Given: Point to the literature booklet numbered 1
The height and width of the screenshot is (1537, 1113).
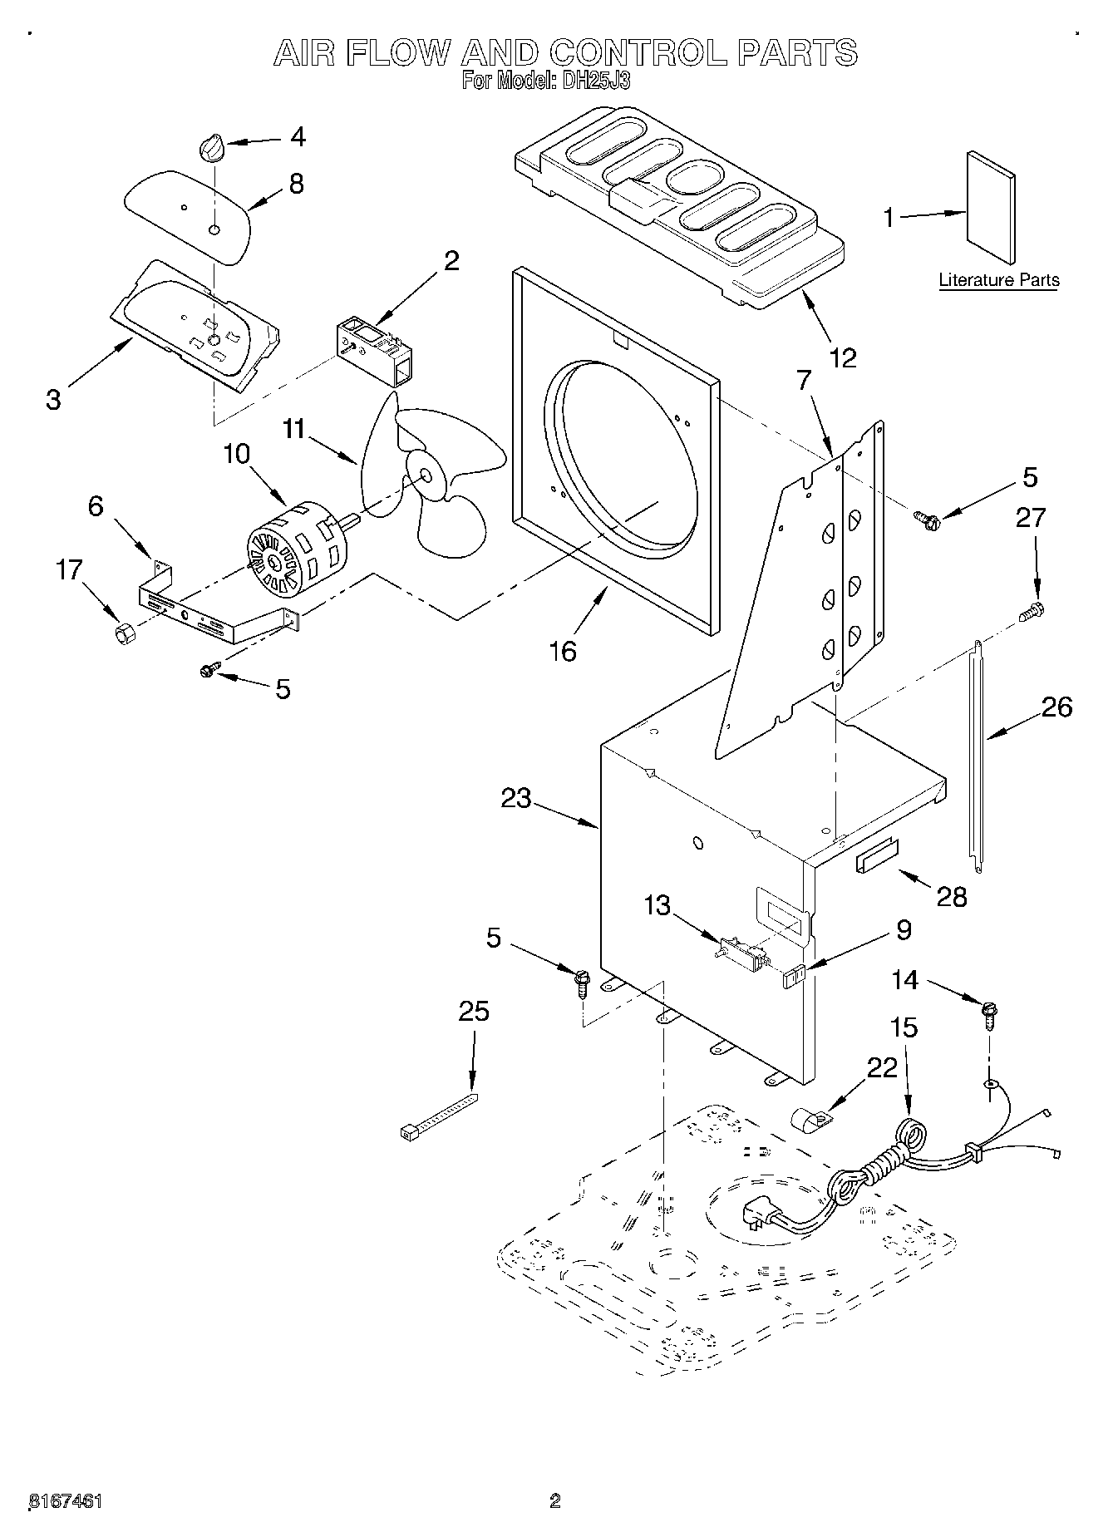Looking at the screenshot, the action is click(x=991, y=207).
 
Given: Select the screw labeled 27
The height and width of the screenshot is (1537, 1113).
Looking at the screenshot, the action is click(x=1031, y=612).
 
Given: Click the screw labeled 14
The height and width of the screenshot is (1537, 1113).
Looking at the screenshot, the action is click(x=989, y=1014).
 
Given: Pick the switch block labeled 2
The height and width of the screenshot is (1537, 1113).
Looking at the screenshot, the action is click(x=376, y=352).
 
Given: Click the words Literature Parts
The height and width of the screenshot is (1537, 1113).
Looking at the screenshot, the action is click(x=999, y=280).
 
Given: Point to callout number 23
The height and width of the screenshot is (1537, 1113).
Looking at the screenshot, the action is click(x=515, y=798).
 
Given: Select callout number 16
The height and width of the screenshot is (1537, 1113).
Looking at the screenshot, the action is click(x=563, y=651).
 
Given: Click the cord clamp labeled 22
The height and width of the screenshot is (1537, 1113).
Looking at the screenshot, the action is click(x=806, y=1124).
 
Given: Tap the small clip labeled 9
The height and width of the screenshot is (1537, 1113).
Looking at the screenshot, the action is click(x=795, y=976).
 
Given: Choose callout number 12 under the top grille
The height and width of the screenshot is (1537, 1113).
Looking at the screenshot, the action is click(x=842, y=357).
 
